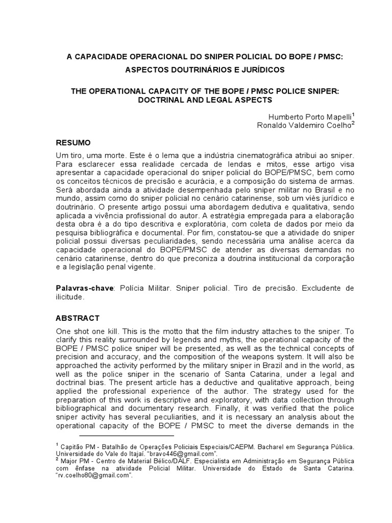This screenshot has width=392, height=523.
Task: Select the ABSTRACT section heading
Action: [x=78, y=318]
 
